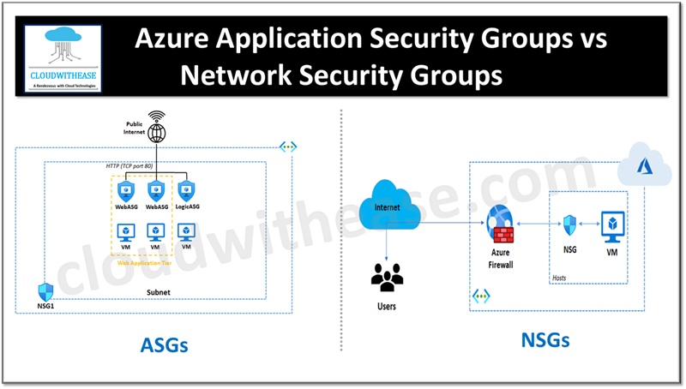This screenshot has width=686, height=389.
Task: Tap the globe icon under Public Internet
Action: pyautogui.click(x=156, y=134)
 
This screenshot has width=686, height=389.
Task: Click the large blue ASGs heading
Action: pyautogui.click(x=164, y=345)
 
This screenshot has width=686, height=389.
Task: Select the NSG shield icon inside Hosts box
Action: pyautogui.click(x=569, y=224)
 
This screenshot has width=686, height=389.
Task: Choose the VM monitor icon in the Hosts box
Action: pyautogui.click(x=612, y=224)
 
